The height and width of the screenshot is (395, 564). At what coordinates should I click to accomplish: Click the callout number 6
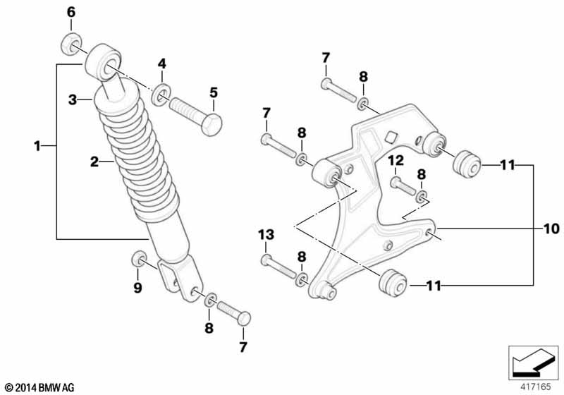[x=71, y=12]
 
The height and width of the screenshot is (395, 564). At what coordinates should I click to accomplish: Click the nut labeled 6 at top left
[x=70, y=44]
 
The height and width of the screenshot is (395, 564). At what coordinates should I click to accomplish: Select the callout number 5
[x=214, y=92]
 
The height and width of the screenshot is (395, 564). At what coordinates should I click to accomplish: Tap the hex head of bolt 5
[x=212, y=124]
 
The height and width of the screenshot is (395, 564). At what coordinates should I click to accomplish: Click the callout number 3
[x=73, y=99]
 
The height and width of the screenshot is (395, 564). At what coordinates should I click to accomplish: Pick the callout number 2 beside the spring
[x=94, y=162]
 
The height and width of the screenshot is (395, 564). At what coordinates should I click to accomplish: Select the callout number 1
[x=37, y=146]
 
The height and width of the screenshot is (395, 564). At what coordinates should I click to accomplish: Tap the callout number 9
[x=137, y=288]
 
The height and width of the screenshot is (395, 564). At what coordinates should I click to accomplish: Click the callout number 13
[x=266, y=235]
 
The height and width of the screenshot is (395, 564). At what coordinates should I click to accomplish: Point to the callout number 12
[x=396, y=160]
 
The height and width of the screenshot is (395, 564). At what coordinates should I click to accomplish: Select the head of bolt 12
[x=396, y=183]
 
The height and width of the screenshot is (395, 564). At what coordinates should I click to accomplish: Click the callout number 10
[x=551, y=229]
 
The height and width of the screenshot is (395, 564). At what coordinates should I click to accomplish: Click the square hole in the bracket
[x=391, y=137]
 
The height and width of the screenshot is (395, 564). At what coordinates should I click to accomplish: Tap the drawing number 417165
[x=536, y=387]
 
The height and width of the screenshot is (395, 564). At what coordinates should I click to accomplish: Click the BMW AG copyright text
[x=40, y=388]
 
